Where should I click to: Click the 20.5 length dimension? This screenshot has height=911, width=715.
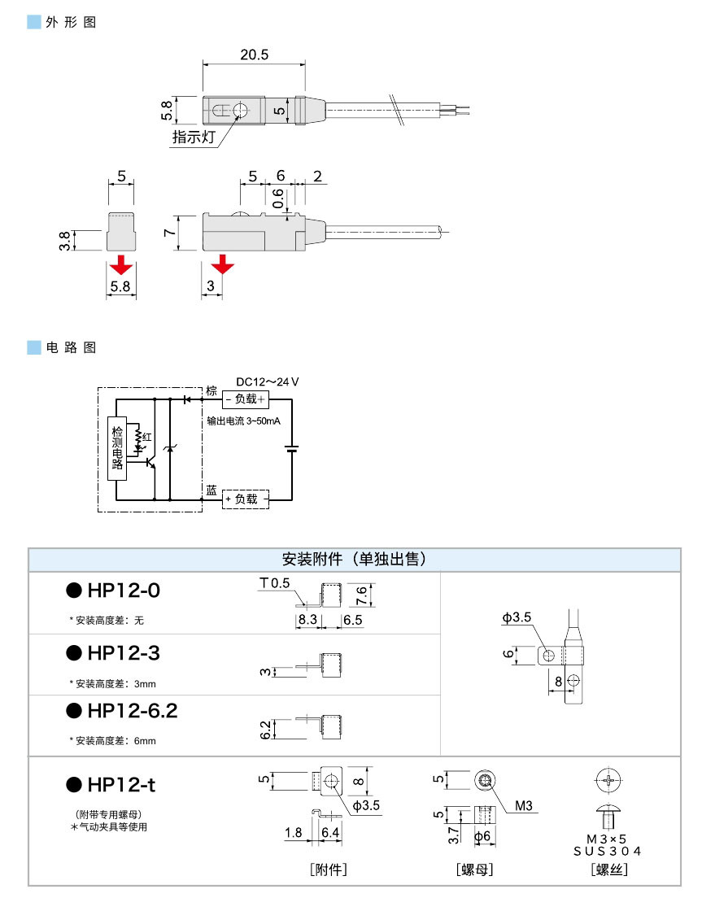(254, 55)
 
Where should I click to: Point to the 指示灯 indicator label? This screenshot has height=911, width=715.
(193, 137)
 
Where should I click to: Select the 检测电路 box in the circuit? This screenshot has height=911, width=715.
(117, 447)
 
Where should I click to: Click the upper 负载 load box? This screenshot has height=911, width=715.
(246, 399)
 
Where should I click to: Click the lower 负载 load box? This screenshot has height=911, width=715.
(246, 499)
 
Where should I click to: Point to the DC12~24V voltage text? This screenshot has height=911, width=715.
(268, 381)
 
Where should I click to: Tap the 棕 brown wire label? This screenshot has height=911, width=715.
(211, 391)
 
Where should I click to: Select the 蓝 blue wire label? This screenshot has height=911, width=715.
(211, 491)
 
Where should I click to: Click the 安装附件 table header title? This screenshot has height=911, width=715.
(354, 560)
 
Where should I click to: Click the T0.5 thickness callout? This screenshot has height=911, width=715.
(275, 583)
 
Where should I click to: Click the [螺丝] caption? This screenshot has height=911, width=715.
(609, 870)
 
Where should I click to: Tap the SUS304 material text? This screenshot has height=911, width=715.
(608, 851)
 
